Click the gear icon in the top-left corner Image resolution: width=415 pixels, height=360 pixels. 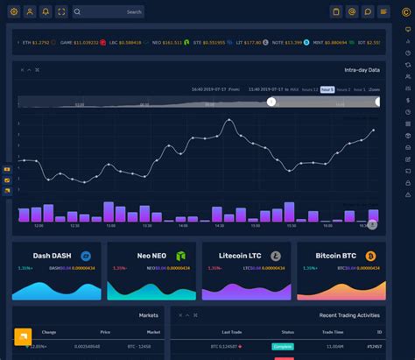pos(13,11)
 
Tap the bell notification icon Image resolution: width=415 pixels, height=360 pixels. pos(46,11)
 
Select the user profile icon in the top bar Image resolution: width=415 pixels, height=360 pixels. pos(30,11)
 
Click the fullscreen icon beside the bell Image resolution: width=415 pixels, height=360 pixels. pos(61,11)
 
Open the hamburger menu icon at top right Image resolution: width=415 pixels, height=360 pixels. pos(383,11)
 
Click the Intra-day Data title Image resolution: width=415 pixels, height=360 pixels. pos(362,69)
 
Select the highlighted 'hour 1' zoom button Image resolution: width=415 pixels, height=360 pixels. pos(327,89)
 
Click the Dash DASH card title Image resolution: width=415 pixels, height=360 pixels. pos(52,256)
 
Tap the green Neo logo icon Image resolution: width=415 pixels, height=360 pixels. pos(181,256)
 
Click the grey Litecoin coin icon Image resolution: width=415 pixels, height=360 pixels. pos(276,256)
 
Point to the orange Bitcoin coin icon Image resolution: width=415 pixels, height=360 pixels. pos(370,256)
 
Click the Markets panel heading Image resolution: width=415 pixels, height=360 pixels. pos(149,314)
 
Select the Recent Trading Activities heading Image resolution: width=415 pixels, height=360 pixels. pos(350,314)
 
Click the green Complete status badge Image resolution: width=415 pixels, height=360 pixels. pos(283,346)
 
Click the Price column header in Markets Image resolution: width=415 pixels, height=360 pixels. pos(105,332)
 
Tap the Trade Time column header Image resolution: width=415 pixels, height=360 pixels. pos(333,332)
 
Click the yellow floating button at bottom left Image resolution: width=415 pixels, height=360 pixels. pos(23,337)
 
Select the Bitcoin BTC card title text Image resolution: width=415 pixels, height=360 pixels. pos(334,256)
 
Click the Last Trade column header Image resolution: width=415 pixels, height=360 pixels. pos(232,332)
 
